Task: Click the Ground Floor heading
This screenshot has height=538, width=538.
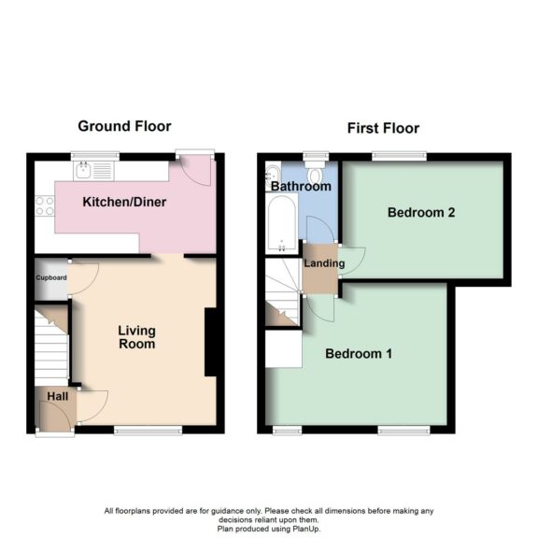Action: click(x=124, y=126)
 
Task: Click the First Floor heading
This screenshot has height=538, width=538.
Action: click(x=383, y=128)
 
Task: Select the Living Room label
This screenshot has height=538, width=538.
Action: click(x=136, y=337)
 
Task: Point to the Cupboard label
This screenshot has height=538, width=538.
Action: click(x=50, y=277)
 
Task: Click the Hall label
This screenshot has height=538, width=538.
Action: click(x=58, y=396)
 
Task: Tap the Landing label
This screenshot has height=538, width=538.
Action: click(x=324, y=263)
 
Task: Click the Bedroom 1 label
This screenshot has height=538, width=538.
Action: click(x=359, y=354)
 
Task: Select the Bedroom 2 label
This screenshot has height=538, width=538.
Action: click(x=421, y=212)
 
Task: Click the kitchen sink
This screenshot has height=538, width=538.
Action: click(x=91, y=170)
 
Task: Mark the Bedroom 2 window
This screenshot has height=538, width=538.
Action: click(x=399, y=155)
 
